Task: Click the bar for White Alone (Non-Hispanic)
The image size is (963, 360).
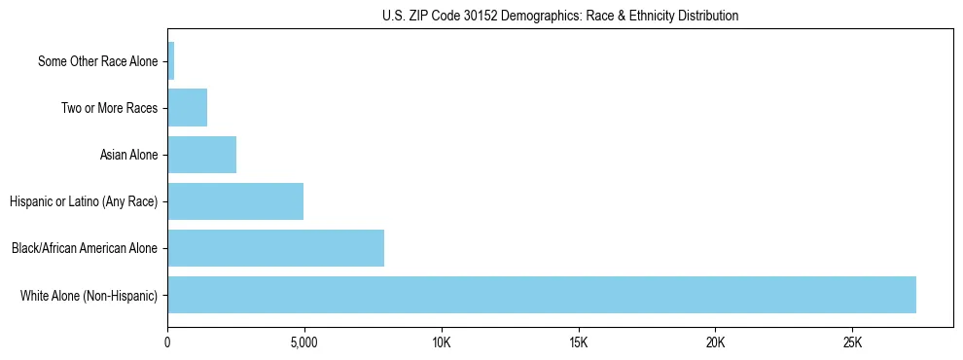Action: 542,295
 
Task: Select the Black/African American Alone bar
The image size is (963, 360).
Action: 275,248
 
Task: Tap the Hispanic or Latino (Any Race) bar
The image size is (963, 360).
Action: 235,201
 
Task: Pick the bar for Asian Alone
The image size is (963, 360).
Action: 201,155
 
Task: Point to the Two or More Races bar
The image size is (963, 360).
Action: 187,108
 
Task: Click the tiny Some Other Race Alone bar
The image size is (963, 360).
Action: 171,61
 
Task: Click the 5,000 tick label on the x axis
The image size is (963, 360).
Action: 304,343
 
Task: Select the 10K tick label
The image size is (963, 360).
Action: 442,343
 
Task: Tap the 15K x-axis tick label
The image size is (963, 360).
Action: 579,343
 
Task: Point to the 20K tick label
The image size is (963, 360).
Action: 716,343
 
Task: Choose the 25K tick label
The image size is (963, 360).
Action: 853,343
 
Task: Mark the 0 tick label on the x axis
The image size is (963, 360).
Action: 167,343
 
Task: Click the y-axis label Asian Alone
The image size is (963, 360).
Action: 128,155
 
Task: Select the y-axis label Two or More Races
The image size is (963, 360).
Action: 109,108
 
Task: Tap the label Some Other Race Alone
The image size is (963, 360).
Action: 97,61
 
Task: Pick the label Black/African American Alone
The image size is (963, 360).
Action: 85,248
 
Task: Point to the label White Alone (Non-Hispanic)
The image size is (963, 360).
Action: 89,295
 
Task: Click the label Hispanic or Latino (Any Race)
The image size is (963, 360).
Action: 84,201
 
